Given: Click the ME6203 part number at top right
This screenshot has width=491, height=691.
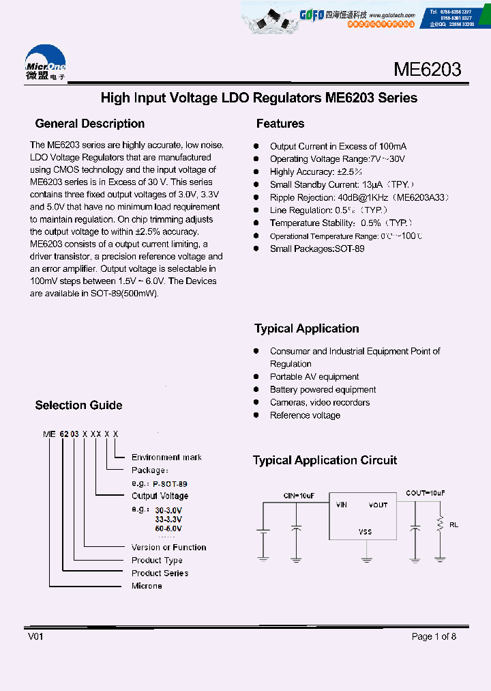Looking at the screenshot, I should [x=427, y=70].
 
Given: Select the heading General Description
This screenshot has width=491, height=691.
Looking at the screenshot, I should [x=89, y=124].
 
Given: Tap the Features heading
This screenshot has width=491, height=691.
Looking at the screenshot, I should [x=280, y=124].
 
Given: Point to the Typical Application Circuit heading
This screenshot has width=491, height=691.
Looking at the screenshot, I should [x=325, y=460].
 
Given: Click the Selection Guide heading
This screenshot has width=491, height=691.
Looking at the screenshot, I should [x=78, y=405].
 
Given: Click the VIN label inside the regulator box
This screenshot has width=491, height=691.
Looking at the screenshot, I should [x=342, y=505].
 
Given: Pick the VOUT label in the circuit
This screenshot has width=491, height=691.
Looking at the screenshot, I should [x=378, y=505].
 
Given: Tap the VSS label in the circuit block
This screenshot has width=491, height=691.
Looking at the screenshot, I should [x=366, y=532].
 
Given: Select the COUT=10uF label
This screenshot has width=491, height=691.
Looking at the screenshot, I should [x=425, y=493].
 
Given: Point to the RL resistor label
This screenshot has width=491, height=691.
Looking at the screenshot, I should [x=453, y=526].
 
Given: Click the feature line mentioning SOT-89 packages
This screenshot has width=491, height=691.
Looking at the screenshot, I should [x=317, y=249].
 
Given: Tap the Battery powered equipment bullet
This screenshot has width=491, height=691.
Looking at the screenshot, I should [x=323, y=390].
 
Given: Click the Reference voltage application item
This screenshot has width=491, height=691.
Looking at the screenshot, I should [x=305, y=416].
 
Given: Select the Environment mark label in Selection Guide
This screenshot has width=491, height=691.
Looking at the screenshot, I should [x=166, y=457].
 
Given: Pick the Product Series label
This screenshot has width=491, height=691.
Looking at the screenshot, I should [x=160, y=574].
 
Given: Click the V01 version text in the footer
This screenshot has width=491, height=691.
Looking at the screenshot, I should [x=35, y=636].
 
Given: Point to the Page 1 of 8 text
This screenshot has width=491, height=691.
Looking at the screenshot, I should [x=434, y=636].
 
